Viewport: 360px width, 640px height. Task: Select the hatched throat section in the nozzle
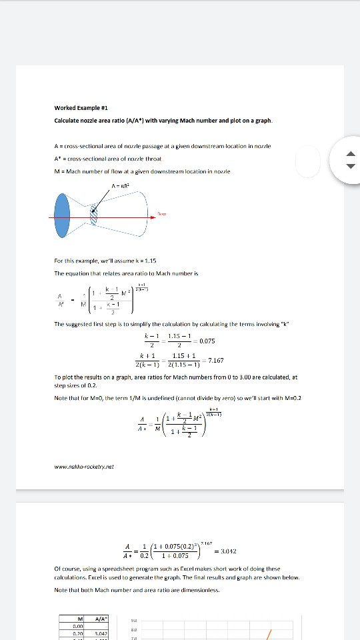tap(94, 215)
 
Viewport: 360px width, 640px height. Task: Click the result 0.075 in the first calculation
tap(207, 341)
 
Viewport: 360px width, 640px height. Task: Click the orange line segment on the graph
tap(269, 633)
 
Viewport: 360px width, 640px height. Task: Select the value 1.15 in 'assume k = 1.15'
tap(149, 260)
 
